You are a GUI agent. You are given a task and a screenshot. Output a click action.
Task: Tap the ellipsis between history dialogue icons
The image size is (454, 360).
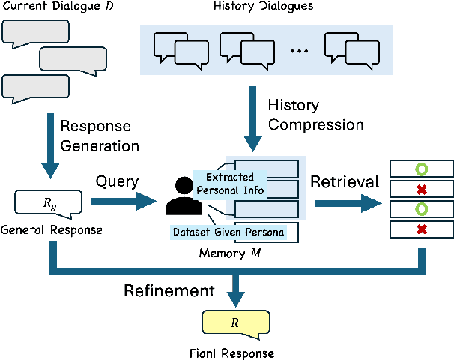tap(298, 51)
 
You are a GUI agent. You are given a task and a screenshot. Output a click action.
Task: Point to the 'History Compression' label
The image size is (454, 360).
tap(315, 115)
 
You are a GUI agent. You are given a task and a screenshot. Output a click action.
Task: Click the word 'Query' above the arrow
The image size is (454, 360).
tap(118, 181)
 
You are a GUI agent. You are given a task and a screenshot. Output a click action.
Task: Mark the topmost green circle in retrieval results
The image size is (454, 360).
tap(421, 168)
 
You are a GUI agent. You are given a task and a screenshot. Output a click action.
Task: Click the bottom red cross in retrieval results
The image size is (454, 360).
tap(421, 227)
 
